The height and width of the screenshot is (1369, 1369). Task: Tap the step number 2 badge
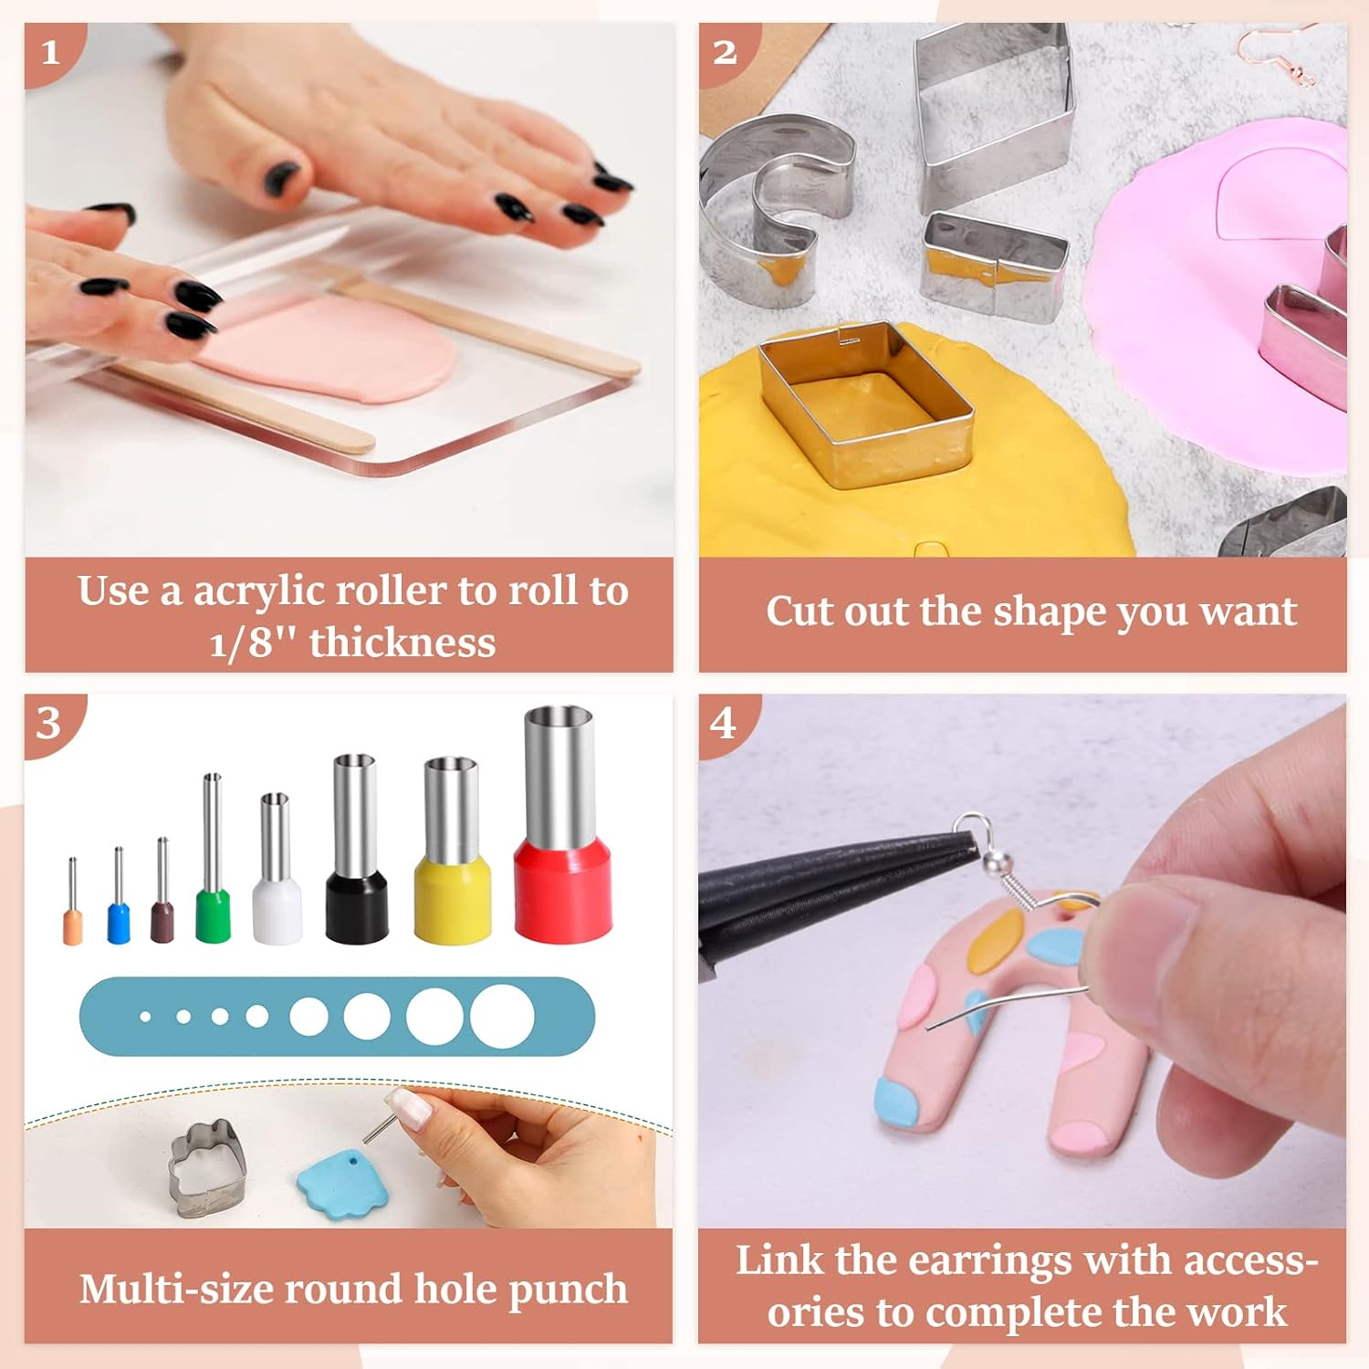725,52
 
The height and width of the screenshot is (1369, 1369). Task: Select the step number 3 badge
49,724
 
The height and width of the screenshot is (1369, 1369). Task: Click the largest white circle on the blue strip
502,1016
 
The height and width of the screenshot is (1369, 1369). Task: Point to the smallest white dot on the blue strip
145,1016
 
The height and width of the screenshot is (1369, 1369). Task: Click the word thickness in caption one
402,642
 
